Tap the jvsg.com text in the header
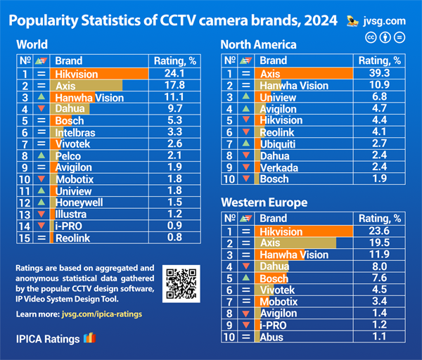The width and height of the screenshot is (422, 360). tap(387, 20)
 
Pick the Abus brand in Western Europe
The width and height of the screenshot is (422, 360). tap(272, 337)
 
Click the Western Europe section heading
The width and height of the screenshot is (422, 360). tap(264, 202)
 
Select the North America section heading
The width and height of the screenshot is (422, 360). tap(258, 44)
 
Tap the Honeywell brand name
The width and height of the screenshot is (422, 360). tap(80, 202)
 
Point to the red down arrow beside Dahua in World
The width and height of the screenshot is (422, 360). tap(41, 109)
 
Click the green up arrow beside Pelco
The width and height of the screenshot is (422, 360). tap(41, 155)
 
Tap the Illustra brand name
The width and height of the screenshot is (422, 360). tap(73, 214)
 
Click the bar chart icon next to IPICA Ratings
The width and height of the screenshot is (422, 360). tap(89, 339)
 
